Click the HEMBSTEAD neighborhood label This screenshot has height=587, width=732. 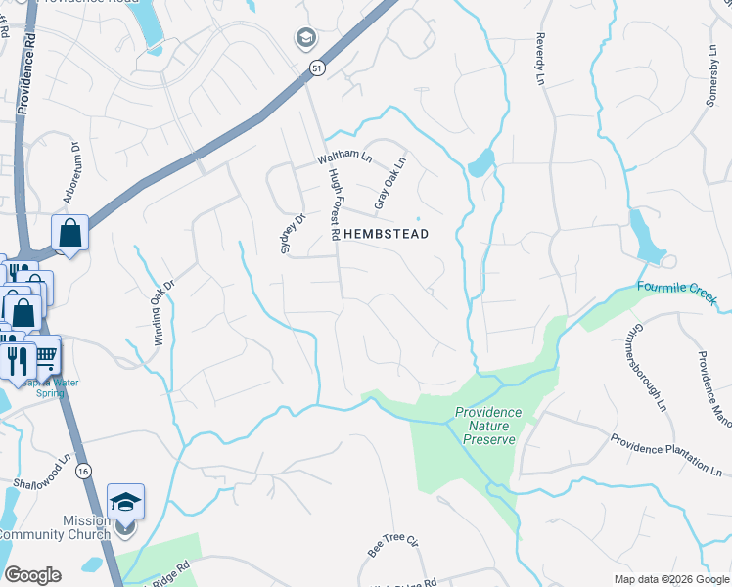tap(386, 235)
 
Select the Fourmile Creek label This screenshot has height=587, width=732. tap(677, 289)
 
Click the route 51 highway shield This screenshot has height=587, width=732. tap(316, 68)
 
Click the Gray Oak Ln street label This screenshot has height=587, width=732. tap(389, 183)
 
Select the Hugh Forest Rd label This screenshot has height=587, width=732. tap(337, 195)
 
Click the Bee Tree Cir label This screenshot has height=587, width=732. tap(392, 545)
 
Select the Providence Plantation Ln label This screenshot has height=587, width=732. tap(665, 455)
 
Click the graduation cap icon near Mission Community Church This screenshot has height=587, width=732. tap(125, 503)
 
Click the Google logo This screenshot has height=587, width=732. tap(32, 575)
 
